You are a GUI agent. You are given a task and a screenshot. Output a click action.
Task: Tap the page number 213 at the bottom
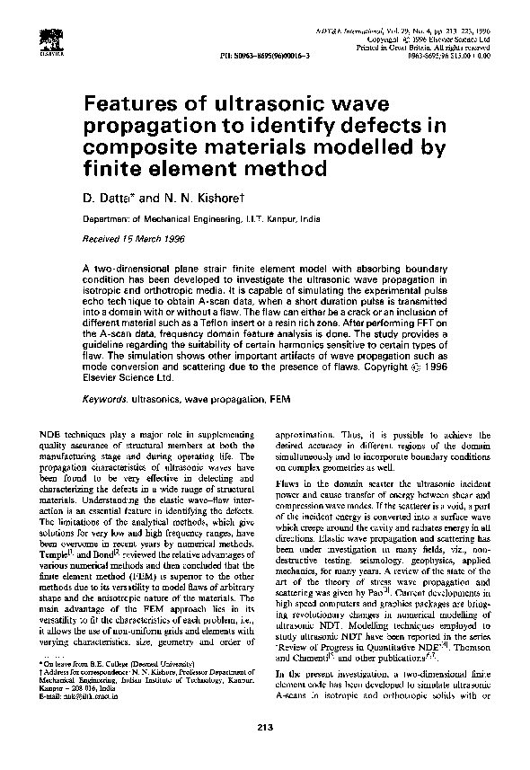(264, 751)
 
